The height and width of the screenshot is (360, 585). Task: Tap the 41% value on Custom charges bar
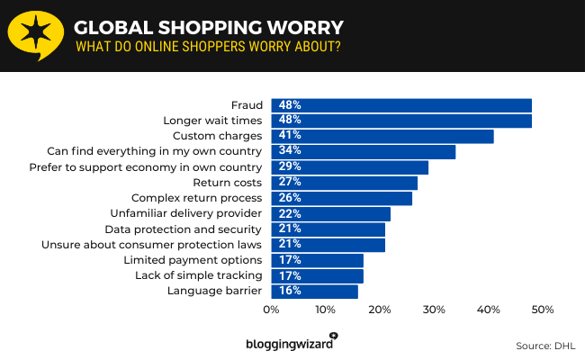(289, 136)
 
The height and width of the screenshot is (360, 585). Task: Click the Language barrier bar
(314, 291)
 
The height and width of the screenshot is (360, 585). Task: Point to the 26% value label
(289, 198)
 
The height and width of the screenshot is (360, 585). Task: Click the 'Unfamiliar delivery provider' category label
(185, 213)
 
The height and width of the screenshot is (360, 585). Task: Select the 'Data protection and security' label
(184, 229)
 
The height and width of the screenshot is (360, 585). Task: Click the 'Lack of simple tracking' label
(198, 275)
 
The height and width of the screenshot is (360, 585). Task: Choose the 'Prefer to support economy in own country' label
(145, 167)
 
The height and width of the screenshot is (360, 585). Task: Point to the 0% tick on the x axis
(271, 310)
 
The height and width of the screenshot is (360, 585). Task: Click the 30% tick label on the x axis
(434, 310)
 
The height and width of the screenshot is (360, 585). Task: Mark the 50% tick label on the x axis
(542, 310)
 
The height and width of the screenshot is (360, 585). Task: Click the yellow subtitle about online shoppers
(207, 47)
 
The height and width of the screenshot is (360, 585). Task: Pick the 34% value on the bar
(289, 151)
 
